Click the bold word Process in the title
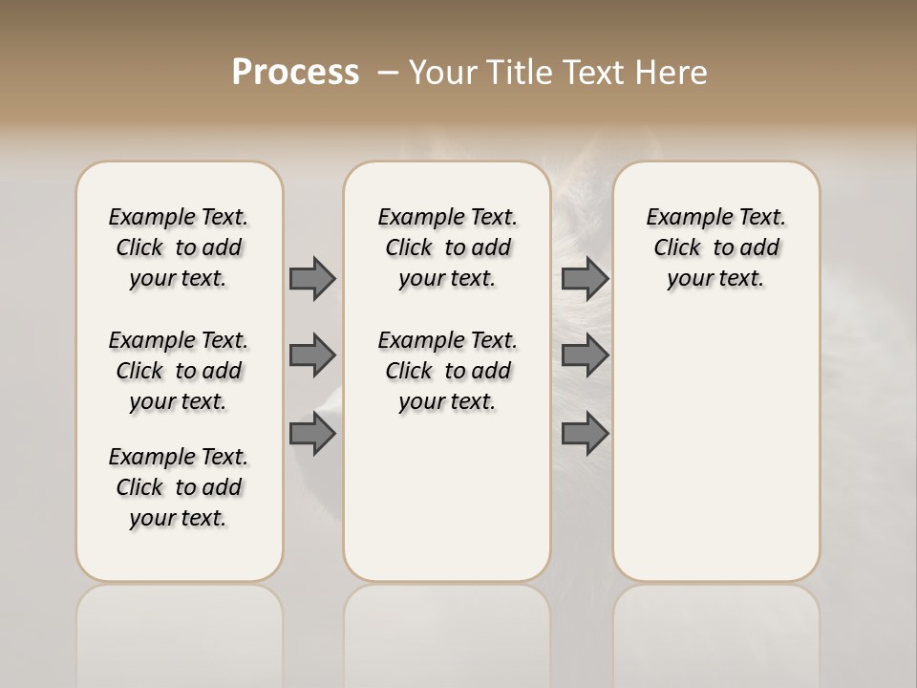[295, 72]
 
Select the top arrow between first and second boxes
[312, 278]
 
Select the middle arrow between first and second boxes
[312, 355]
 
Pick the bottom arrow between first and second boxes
[312, 434]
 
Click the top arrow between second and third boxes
[585, 278]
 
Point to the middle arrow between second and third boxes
[585, 355]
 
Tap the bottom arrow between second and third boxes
[585, 434]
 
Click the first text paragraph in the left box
[179, 247]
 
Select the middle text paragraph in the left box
[179, 371]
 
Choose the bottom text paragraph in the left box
[179, 487]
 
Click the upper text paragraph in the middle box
[447, 247]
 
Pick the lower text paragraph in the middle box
[447, 371]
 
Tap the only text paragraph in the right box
[715, 247]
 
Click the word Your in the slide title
[443, 73]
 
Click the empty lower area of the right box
[715, 459]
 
